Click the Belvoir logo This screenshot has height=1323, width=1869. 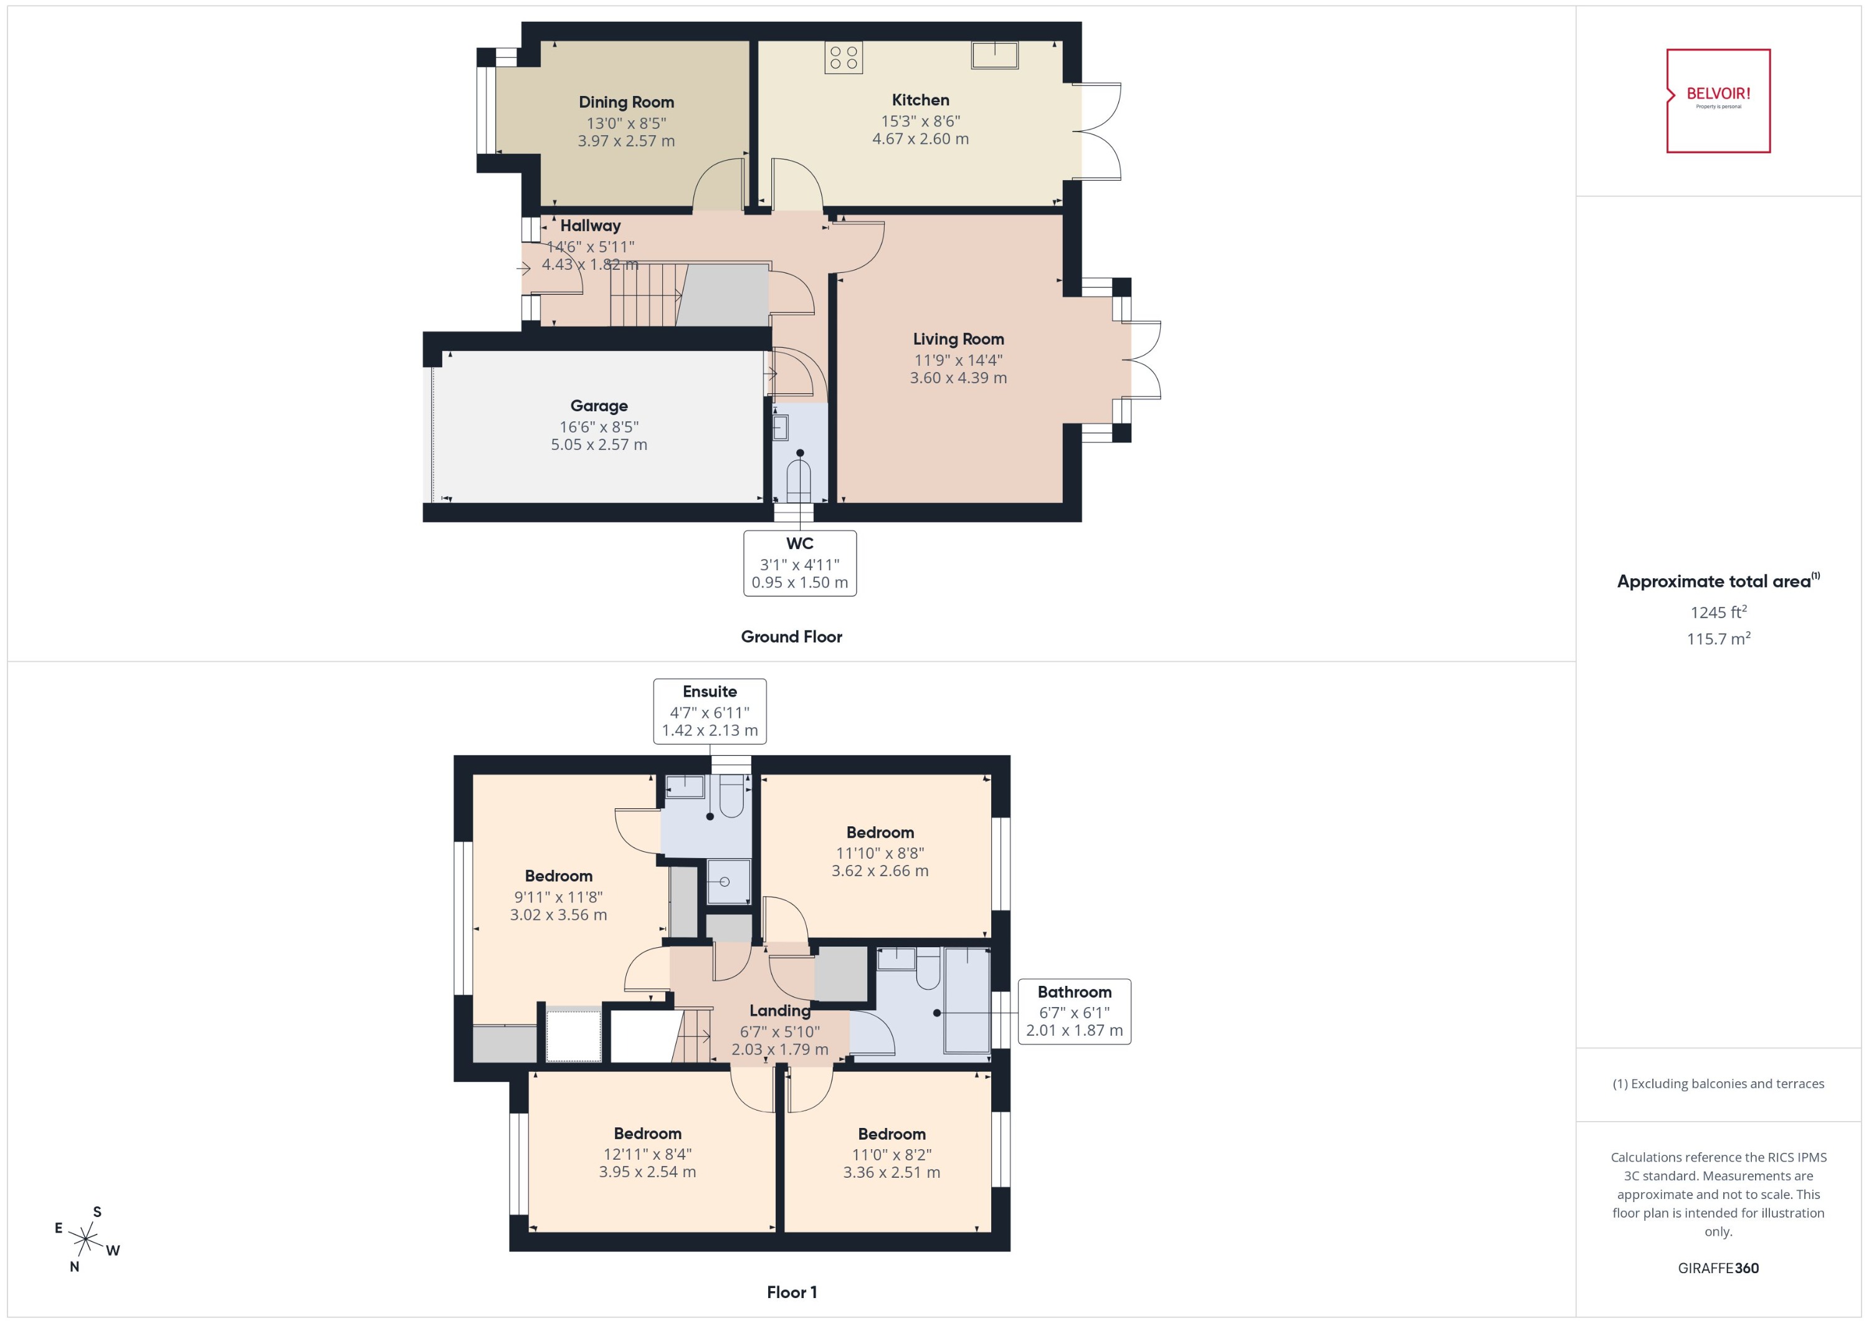1718,100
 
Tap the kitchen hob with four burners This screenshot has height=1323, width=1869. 843,57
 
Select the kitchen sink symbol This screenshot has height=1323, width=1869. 994,55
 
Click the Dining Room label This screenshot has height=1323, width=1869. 626,102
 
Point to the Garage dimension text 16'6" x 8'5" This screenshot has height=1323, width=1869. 599,426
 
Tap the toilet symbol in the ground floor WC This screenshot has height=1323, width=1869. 799,480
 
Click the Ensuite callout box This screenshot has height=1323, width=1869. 710,710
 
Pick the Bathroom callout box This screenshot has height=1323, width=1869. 1073,1011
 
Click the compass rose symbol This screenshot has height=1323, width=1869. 85,1239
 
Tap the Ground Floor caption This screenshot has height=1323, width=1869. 791,636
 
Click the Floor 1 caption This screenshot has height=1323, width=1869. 791,1291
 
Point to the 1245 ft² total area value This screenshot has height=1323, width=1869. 1718,612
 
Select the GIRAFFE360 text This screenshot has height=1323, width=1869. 1718,1268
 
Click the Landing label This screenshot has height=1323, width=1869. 779,1010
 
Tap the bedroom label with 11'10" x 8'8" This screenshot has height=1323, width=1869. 880,832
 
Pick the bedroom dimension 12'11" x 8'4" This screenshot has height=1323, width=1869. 647,1153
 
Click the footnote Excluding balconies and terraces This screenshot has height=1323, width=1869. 1718,1084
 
